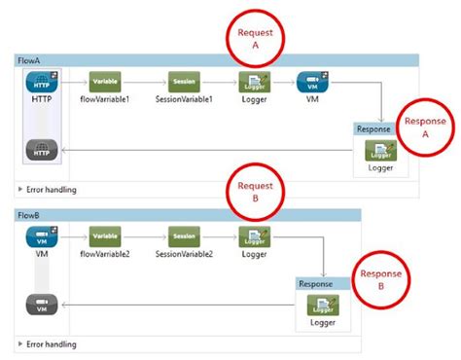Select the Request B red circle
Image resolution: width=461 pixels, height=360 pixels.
pos(254,187)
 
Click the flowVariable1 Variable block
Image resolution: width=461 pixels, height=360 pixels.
pos(105,83)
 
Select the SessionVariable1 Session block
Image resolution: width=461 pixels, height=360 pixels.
pos(184,83)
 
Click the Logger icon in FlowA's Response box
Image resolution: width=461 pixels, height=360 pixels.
pos(380,151)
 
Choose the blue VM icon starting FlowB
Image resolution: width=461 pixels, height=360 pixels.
pos(41,237)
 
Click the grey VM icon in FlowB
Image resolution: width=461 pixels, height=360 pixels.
pos(41,304)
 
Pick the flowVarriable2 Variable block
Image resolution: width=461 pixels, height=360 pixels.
pos(105,236)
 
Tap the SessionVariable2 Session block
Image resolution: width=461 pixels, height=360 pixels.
pos(184,236)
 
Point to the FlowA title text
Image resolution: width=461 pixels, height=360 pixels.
pos(31,60)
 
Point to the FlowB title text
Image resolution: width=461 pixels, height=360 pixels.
pos(31,214)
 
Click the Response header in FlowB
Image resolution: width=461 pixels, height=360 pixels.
pos(316,283)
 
